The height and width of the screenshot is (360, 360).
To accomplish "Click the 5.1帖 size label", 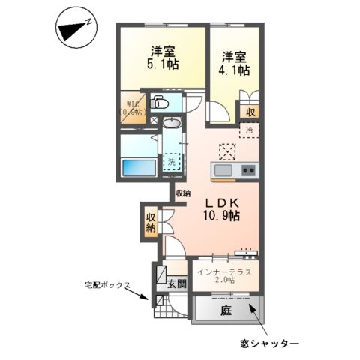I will coord(162,65).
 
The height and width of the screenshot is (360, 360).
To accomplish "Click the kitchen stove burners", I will coord(247,171).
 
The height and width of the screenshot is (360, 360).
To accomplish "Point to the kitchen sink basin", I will coord(224,171).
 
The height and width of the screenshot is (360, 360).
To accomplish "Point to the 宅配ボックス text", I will coord(107,286).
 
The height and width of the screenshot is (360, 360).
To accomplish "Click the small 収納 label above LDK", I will coord(181,193).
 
